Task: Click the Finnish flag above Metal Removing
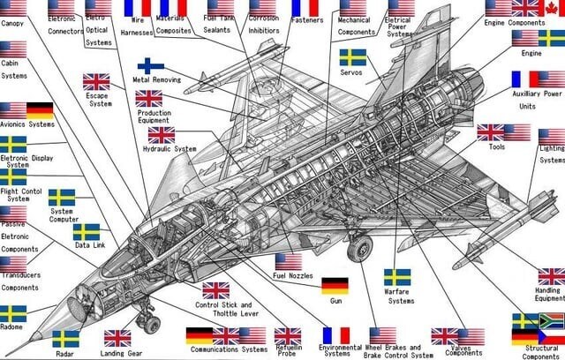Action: (x=150, y=65)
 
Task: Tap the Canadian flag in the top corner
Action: (x=552, y=8)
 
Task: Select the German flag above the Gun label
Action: (x=335, y=285)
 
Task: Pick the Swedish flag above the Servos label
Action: (x=353, y=57)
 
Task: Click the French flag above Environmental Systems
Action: (x=336, y=335)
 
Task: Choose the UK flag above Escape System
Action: (x=96, y=81)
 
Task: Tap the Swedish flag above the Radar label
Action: (x=65, y=339)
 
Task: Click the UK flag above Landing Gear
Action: (x=117, y=337)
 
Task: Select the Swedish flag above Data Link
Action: (x=87, y=231)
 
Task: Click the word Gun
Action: (x=335, y=301)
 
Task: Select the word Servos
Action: (x=351, y=73)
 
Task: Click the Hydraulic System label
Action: (x=169, y=149)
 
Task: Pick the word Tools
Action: (x=497, y=146)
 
